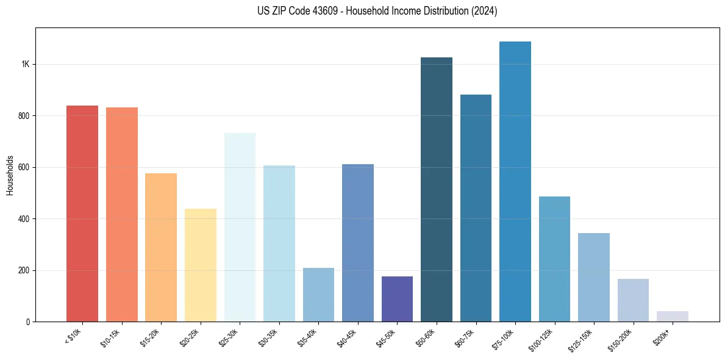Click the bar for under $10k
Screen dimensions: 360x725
coord(82,214)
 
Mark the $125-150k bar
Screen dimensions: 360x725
coord(594,277)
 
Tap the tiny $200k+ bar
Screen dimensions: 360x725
coord(673,316)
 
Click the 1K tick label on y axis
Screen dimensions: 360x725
coord(25,64)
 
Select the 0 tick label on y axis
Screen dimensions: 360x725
coord(27,322)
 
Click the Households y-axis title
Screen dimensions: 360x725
coord(10,175)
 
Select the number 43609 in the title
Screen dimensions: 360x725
coord(323,11)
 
